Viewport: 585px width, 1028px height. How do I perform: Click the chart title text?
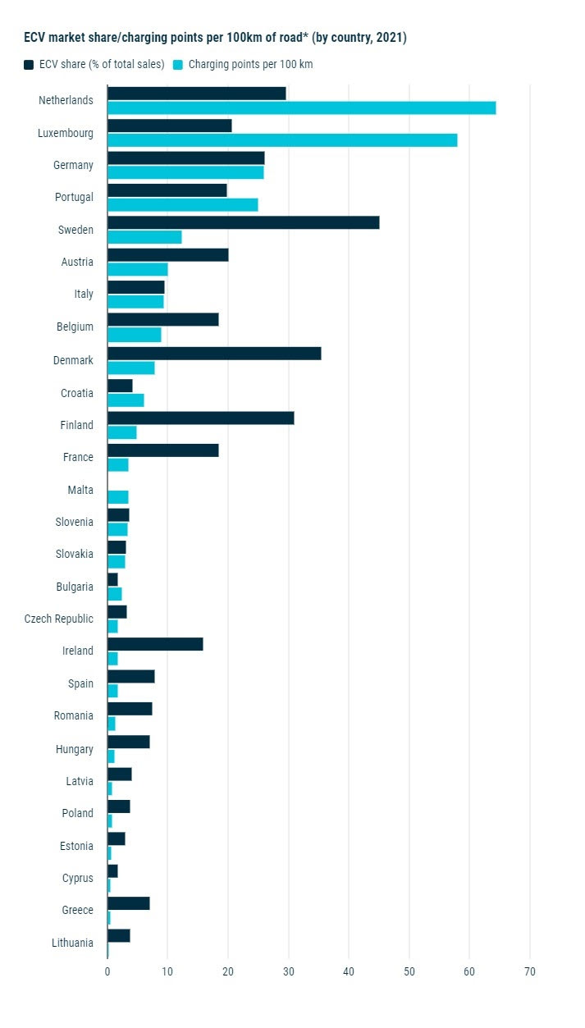[215, 38]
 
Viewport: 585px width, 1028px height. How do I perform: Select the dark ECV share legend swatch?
[29, 65]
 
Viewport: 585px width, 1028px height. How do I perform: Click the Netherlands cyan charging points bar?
[301, 107]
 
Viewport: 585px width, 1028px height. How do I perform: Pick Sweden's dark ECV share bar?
[243, 222]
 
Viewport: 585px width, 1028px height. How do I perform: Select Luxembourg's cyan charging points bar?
[282, 139]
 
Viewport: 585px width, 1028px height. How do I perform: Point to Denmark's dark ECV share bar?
[214, 354]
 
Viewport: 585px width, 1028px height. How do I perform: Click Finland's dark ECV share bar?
[200, 418]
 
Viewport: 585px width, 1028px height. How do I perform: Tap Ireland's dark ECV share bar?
[155, 644]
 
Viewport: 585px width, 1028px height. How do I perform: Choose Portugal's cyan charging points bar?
[182, 204]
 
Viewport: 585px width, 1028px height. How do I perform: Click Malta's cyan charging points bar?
[118, 496]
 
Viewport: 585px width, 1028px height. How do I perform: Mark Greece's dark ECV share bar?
[128, 903]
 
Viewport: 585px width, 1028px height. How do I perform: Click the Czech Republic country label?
[59, 619]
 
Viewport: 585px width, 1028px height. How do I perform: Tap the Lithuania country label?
[72, 943]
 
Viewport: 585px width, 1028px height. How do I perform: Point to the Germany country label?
[74, 165]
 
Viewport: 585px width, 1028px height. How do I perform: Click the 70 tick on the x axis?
[530, 971]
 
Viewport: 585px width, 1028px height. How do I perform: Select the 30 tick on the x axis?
[288, 971]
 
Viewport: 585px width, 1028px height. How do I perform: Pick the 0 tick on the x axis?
[107, 971]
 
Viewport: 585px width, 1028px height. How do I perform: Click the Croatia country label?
[77, 393]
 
